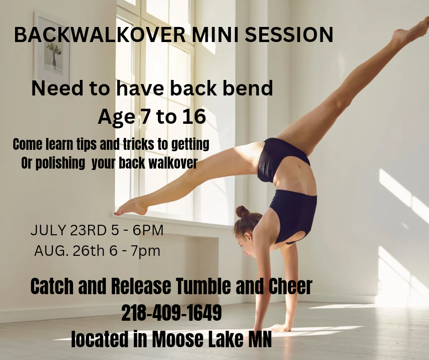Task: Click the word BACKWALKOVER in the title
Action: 100,35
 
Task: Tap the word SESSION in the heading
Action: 289,35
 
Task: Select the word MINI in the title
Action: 215,35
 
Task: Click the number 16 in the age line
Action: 194,116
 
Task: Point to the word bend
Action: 248,88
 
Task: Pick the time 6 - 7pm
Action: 135,251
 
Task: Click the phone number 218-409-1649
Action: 171,313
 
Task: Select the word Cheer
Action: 290,286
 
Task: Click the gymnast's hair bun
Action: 242,211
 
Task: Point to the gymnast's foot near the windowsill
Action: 131,207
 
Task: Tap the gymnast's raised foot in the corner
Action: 410,30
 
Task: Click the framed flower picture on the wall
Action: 52,48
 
